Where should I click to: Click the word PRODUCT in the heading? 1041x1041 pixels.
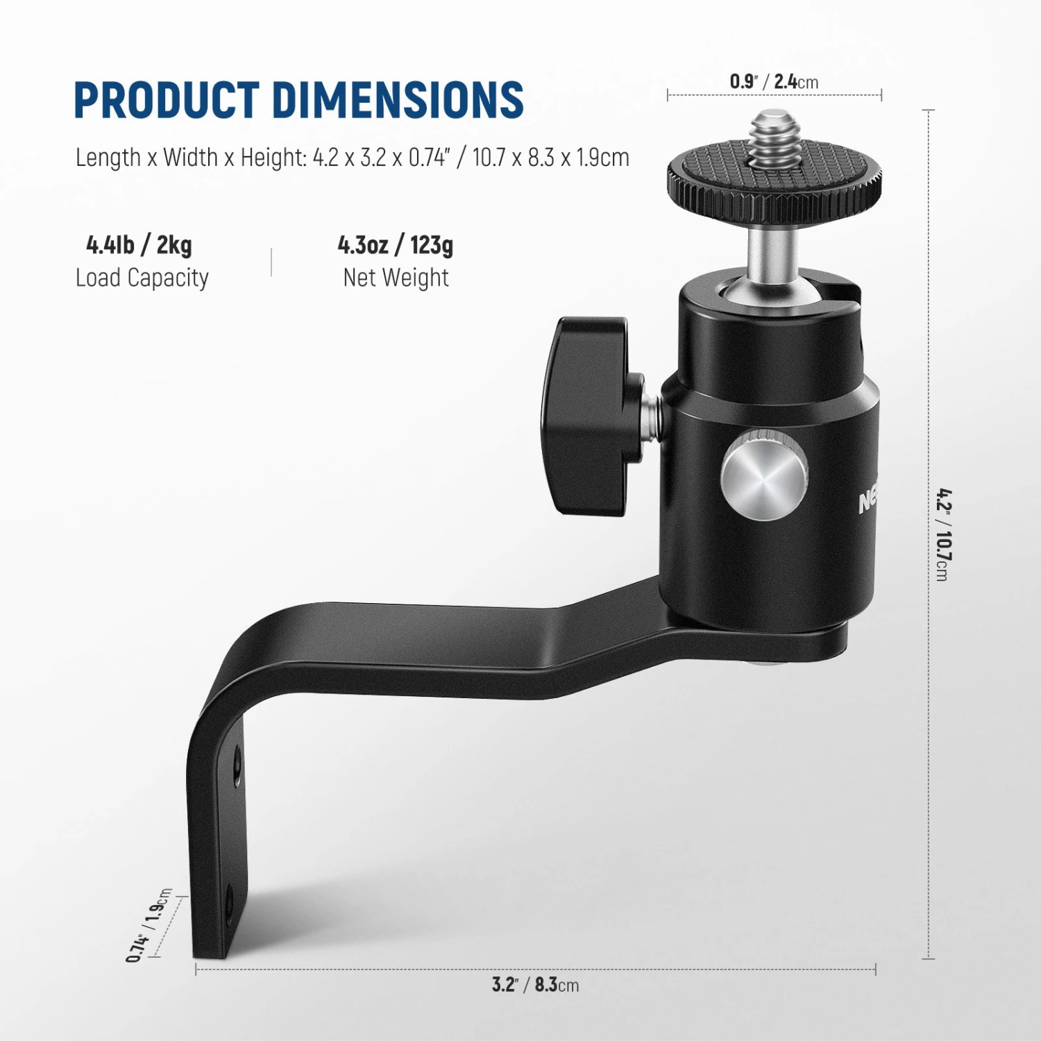(167, 100)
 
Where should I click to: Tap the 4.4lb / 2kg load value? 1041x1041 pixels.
(139, 245)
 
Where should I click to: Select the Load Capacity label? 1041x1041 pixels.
(142, 278)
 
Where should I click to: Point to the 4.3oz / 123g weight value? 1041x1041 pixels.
(396, 245)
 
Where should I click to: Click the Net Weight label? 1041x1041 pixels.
(396, 278)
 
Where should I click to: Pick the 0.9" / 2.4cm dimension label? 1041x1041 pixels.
(774, 82)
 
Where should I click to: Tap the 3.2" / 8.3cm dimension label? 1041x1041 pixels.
(535, 984)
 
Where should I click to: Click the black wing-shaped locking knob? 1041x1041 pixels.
(586, 416)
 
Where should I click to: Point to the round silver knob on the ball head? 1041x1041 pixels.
(763, 475)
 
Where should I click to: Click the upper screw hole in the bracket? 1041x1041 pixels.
(237, 767)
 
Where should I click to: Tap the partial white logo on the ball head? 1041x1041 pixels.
(868, 498)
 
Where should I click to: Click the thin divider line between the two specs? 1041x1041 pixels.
(271, 262)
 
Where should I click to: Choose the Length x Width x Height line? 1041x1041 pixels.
(353, 158)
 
